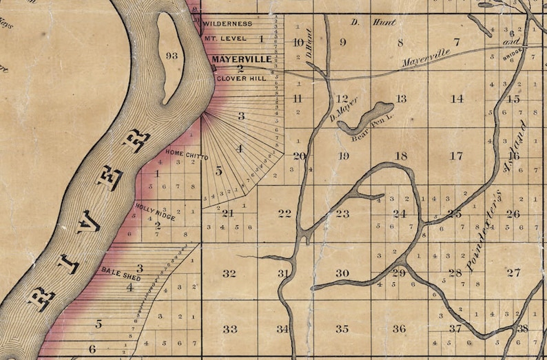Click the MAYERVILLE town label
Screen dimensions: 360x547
click(x=241, y=60)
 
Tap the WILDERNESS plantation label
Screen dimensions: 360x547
click(x=228, y=24)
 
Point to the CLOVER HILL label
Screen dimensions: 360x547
click(x=240, y=79)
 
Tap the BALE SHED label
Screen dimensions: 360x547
click(x=121, y=273)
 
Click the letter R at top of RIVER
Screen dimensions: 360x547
click(x=136, y=140)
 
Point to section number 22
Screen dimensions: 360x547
click(x=285, y=213)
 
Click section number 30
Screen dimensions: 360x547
click(x=342, y=273)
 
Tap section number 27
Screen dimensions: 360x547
click(x=513, y=273)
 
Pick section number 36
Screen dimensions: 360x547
click(x=399, y=329)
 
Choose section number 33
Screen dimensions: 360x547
click(x=229, y=329)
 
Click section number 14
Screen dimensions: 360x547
click(x=457, y=98)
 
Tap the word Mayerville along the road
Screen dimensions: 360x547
click(x=426, y=56)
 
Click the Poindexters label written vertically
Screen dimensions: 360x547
click(x=473, y=248)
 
